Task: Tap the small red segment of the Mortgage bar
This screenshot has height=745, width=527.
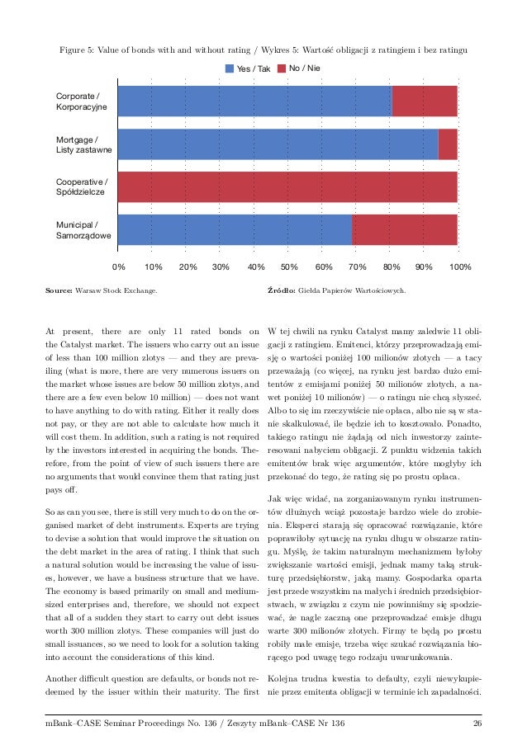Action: coord(448,144)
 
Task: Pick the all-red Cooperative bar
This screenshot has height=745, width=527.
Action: coord(287,186)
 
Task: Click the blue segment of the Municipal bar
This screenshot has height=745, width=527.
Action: coord(235,229)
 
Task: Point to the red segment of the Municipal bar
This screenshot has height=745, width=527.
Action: coord(405,229)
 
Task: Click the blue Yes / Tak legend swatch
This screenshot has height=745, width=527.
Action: coord(230,68)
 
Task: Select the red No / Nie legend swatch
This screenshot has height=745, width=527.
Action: coord(281,68)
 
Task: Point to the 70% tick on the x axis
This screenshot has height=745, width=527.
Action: coord(358,267)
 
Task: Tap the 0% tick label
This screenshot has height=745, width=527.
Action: coord(118,267)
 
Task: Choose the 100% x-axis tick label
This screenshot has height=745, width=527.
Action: coord(460,267)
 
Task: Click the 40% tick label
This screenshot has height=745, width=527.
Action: coord(255,267)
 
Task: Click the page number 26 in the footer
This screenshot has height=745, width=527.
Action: coord(477,724)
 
